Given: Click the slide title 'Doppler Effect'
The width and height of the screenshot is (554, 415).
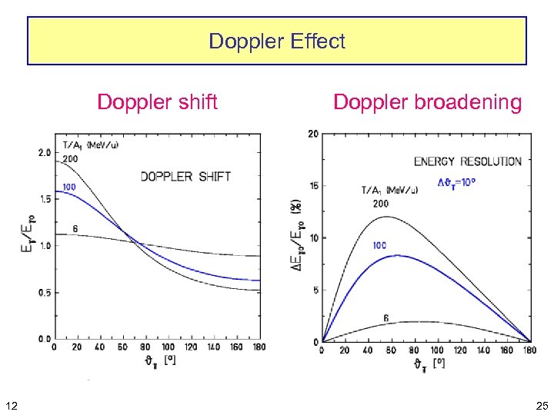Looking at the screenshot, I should [277, 41].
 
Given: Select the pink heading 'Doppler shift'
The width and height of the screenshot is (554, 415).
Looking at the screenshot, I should [157, 101].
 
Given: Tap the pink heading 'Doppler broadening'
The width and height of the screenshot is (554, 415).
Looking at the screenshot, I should [427, 101].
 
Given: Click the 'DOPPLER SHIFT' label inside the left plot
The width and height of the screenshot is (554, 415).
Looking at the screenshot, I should [185, 177].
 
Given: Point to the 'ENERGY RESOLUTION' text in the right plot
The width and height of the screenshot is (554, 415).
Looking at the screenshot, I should [467, 161].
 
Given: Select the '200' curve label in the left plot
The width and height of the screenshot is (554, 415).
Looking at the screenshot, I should [71, 158].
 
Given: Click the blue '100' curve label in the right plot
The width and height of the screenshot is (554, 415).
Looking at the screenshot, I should [379, 245].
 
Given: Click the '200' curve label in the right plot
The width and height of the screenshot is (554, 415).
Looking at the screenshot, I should [381, 204].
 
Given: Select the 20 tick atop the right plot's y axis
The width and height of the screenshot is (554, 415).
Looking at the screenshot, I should [313, 134].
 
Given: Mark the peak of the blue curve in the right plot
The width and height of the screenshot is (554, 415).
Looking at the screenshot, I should [396, 255].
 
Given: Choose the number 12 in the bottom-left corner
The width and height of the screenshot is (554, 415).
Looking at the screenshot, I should [9, 404].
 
